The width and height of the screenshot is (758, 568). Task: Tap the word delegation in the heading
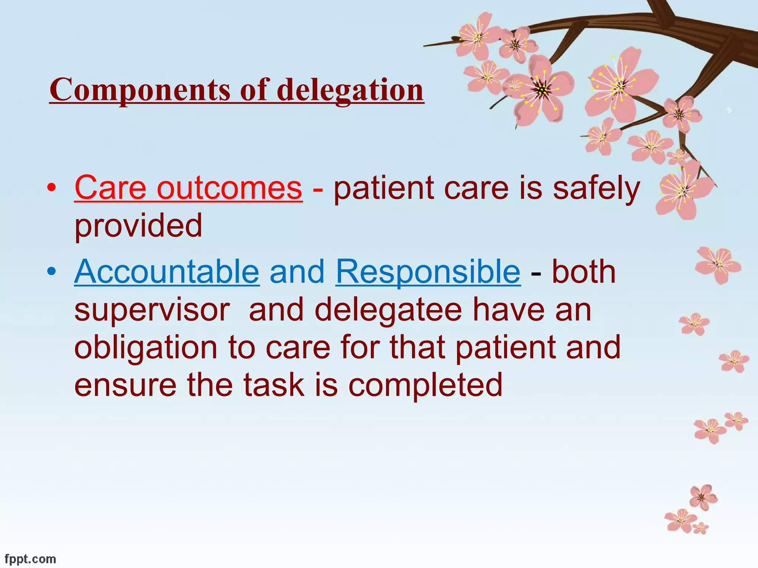[x=350, y=90]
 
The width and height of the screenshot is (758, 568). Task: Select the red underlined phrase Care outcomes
[x=188, y=188]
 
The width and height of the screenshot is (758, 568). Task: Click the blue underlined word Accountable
[x=167, y=272]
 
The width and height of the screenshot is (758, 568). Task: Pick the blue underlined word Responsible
[x=428, y=272]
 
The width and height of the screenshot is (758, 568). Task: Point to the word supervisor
[x=152, y=310]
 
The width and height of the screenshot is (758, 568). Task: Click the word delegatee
[x=388, y=310]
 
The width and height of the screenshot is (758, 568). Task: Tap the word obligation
[x=146, y=348]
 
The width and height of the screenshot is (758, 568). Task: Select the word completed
[x=425, y=385]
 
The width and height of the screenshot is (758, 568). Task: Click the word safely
[x=596, y=188]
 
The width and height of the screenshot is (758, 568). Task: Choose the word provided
[x=138, y=226]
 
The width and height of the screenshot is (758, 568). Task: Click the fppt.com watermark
[x=30, y=559]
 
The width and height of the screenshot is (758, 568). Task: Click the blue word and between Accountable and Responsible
[x=297, y=272]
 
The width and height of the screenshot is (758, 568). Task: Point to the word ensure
[x=125, y=385]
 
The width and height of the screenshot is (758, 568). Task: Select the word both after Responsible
[x=584, y=272]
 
